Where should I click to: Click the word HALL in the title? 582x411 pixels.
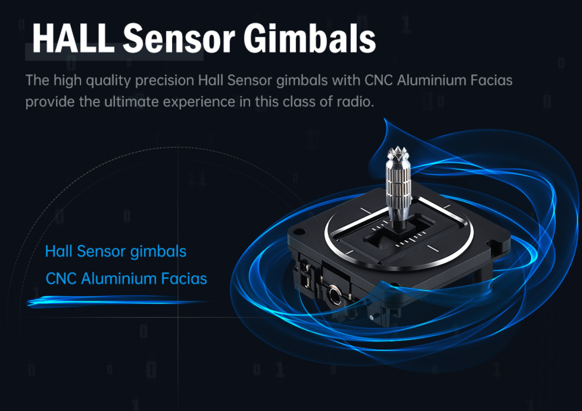(73, 38)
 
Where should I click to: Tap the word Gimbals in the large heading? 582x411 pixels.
(309, 38)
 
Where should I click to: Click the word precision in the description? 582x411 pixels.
(165, 81)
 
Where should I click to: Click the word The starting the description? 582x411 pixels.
(37, 80)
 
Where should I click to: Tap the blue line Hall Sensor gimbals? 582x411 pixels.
(116, 251)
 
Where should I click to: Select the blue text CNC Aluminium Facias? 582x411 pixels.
(126, 278)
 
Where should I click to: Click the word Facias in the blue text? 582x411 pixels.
(184, 278)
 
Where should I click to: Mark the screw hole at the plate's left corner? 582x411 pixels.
(300, 231)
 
